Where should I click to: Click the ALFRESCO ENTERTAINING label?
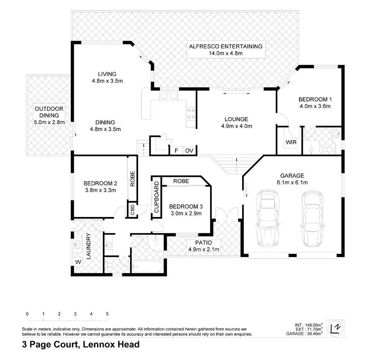coord(225,46)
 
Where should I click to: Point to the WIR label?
coord(291,143)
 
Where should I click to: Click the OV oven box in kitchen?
coord(189,151)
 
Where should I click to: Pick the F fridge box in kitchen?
coord(175,151)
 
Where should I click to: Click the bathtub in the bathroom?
coord(147,267)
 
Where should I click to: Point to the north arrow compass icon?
coord(337,327)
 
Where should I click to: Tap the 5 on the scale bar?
coord(107,314)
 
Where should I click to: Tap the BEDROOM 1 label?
coord(315,99)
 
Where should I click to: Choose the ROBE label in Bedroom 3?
coord(181,182)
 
